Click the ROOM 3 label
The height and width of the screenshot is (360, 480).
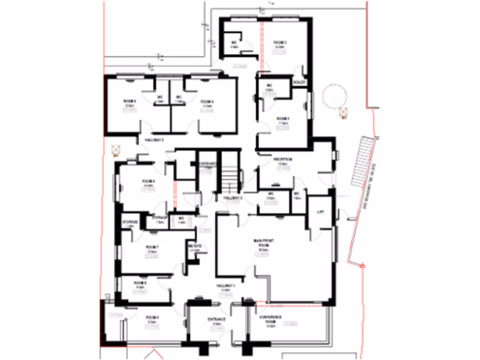pos(280,43)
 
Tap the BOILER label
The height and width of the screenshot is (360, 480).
pos(299,82)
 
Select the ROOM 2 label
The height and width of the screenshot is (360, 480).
pos(282,119)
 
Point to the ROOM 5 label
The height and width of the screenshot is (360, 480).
pos(129,101)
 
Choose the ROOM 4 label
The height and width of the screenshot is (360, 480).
pos(207,102)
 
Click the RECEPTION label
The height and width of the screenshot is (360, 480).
pos(283,159)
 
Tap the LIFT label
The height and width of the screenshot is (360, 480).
pos(321,212)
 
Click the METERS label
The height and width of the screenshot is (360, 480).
pos(195,246)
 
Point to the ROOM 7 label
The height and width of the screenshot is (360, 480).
pos(152,247)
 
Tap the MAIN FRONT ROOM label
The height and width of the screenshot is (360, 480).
pos(263,243)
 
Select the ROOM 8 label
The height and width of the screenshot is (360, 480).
pos(140,283)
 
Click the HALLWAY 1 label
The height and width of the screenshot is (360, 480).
pos(225,286)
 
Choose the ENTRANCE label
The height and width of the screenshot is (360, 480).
pos(217,319)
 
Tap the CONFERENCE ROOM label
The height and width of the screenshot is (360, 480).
pos(270,320)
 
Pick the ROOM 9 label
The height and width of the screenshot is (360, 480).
pos(152,318)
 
